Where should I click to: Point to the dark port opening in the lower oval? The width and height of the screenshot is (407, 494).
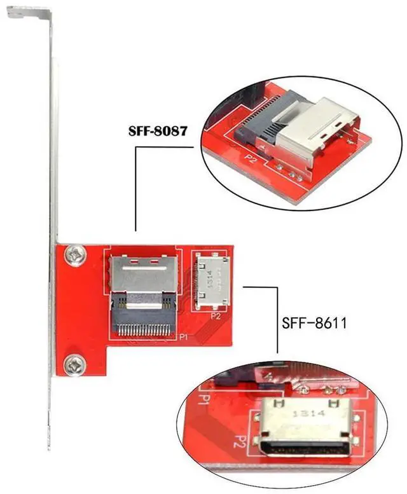pos(296,452)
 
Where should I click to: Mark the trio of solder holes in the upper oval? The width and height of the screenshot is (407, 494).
pos(286,171)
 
